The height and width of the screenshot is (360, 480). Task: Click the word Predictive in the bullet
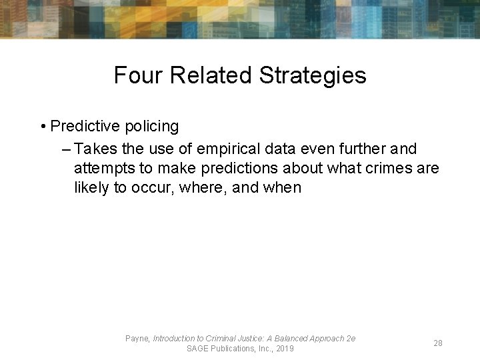(x=85, y=126)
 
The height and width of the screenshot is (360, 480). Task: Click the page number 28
(x=438, y=343)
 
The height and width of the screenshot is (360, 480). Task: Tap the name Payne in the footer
(x=137, y=339)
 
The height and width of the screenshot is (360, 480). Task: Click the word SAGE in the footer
(x=198, y=349)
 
